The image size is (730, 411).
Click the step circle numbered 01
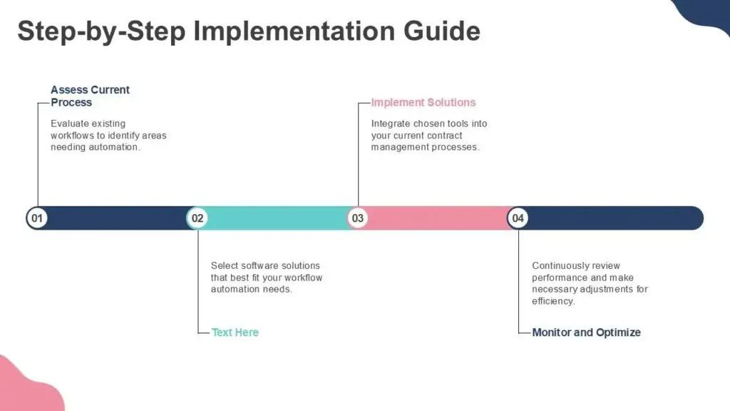[37, 218]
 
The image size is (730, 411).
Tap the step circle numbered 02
[197, 218]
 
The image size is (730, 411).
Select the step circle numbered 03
[358, 218]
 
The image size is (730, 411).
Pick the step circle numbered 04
[518, 218]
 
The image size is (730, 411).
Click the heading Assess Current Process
[90, 96]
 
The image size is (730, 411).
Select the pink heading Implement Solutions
[423, 103]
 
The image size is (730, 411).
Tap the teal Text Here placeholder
[235, 333]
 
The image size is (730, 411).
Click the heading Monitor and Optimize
[586, 333]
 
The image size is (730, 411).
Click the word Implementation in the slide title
[294, 31]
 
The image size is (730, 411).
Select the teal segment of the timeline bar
[278, 218]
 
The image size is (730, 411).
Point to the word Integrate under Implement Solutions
[391, 123]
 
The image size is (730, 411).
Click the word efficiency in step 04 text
[553, 301]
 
